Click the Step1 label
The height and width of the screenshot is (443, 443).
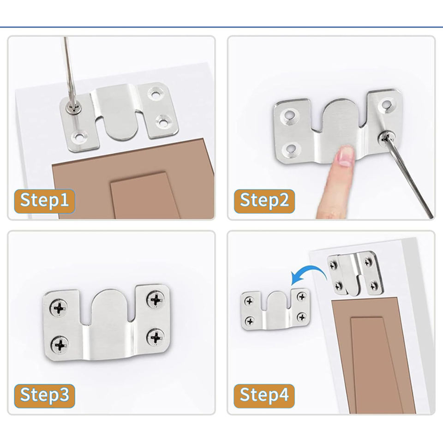[44, 201]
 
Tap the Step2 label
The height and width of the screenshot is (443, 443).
[264, 201]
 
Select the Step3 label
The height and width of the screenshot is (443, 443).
[44, 395]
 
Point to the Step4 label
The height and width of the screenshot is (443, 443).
[264, 395]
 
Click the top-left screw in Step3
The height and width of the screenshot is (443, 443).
[59, 307]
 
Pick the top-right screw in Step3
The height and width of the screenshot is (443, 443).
[156, 299]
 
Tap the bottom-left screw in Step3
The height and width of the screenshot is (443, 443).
[60, 344]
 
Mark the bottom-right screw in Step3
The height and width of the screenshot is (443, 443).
[156, 337]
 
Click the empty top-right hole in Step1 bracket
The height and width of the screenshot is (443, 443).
[155, 93]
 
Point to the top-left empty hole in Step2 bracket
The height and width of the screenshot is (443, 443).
[290, 115]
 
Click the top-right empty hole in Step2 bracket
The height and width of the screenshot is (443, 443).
[385, 105]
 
